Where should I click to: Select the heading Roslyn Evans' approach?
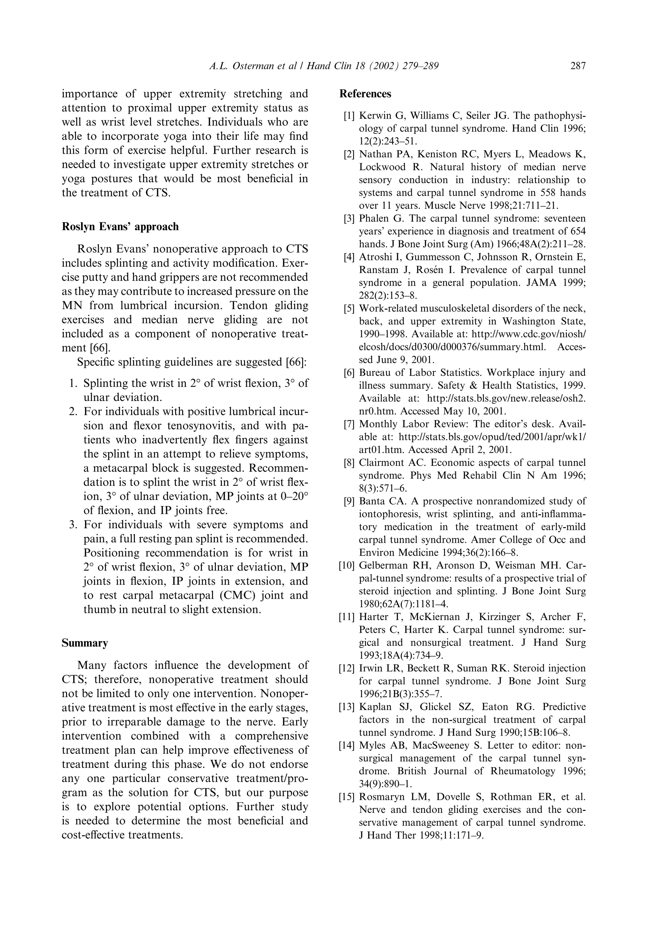(x=120, y=227)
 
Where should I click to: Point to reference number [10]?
(x=347, y=565)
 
